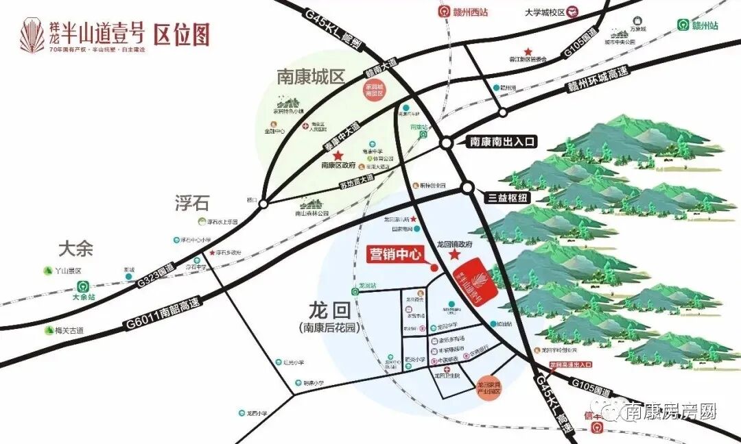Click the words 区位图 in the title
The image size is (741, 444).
[x=181, y=34]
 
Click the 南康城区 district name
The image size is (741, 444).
[x=311, y=77]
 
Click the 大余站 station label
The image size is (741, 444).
[x=82, y=297]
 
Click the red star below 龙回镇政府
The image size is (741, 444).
[x=454, y=255]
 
